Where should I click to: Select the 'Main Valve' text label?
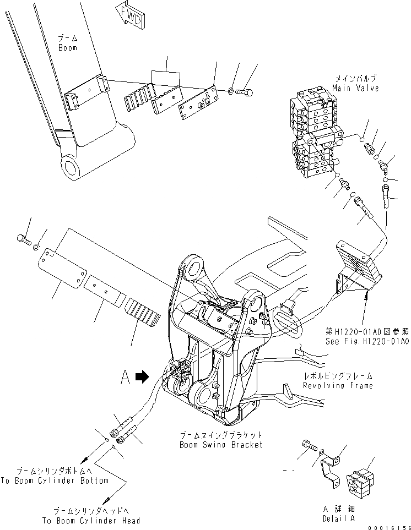click(x=355, y=88)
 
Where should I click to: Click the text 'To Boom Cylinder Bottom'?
click(x=54, y=480)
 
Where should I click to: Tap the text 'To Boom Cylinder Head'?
click(x=92, y=520)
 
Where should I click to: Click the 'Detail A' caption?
click(x=339, y=518)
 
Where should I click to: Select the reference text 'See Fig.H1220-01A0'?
click(x=366, y=341)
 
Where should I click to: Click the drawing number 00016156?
click(x=389, y=526)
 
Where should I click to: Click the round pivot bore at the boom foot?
click(x=72, y=166)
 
